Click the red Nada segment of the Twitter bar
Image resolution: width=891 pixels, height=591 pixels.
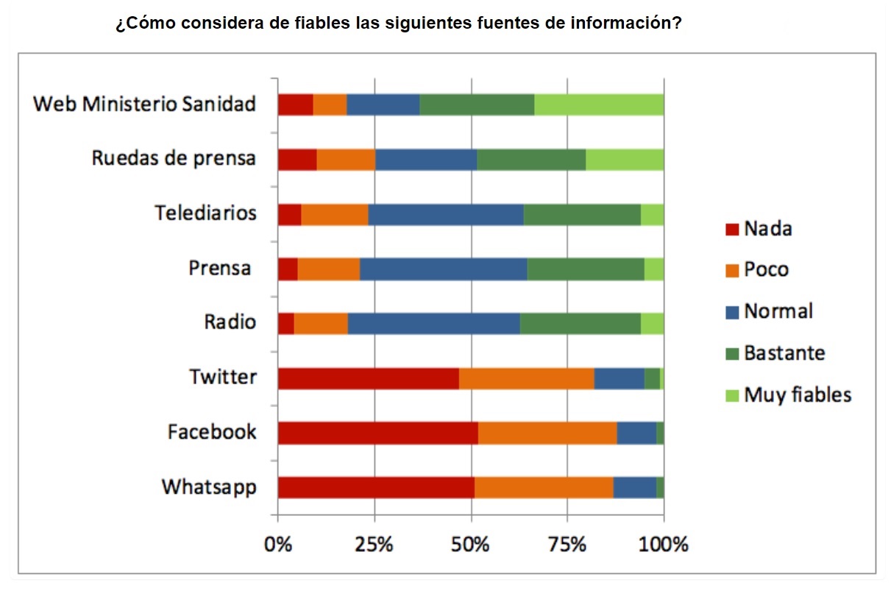click(x=368, y=378)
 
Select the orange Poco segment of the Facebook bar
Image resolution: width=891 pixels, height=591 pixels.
click(x=547, y=433)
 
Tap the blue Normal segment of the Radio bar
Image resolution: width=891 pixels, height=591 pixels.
click(x=433, y=324)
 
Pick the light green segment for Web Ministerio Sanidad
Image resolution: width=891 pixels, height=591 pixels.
click(x=599, y=105)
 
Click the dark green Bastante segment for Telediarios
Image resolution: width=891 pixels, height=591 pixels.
click(x=581, y=214)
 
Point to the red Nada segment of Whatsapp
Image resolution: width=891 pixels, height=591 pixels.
click(x=376, y=487)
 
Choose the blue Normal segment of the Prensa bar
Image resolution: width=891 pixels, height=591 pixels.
click(x=443, y=269)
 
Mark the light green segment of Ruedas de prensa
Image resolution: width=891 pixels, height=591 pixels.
click(x=625, y=159)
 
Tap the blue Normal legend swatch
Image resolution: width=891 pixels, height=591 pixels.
click(x=731, y=312)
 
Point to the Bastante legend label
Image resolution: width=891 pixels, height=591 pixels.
click(x=784, y=353)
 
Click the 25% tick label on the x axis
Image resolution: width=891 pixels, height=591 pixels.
click(x=374, y=545)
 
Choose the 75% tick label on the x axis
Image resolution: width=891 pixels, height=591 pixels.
click(x=567, y=545)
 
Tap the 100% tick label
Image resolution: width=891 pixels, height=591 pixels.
click(x=664, y=545)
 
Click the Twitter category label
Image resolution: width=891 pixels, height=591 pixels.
click(x=223, y=377)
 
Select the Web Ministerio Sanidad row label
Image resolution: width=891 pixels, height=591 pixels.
click(x=145, y=104)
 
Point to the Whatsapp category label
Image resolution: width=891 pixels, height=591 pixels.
click(x=209, y=486)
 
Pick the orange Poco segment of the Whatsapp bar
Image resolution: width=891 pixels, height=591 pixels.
click(x=544, y=487)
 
